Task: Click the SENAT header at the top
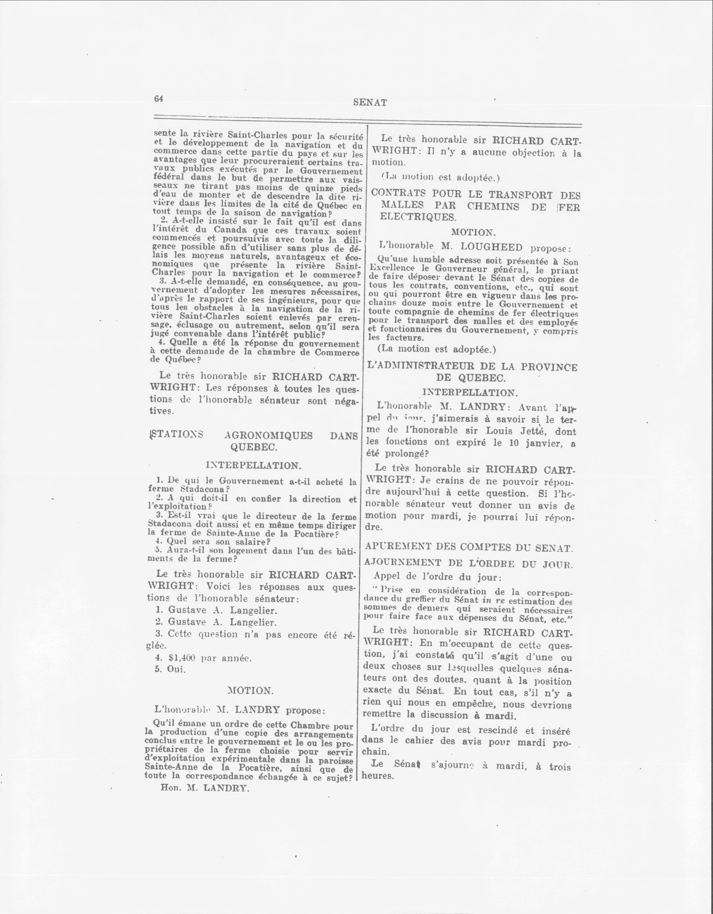click(x=370, y=102)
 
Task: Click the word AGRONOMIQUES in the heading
click(x=268, y=436)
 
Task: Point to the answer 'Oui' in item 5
click(x=176, y=669)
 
